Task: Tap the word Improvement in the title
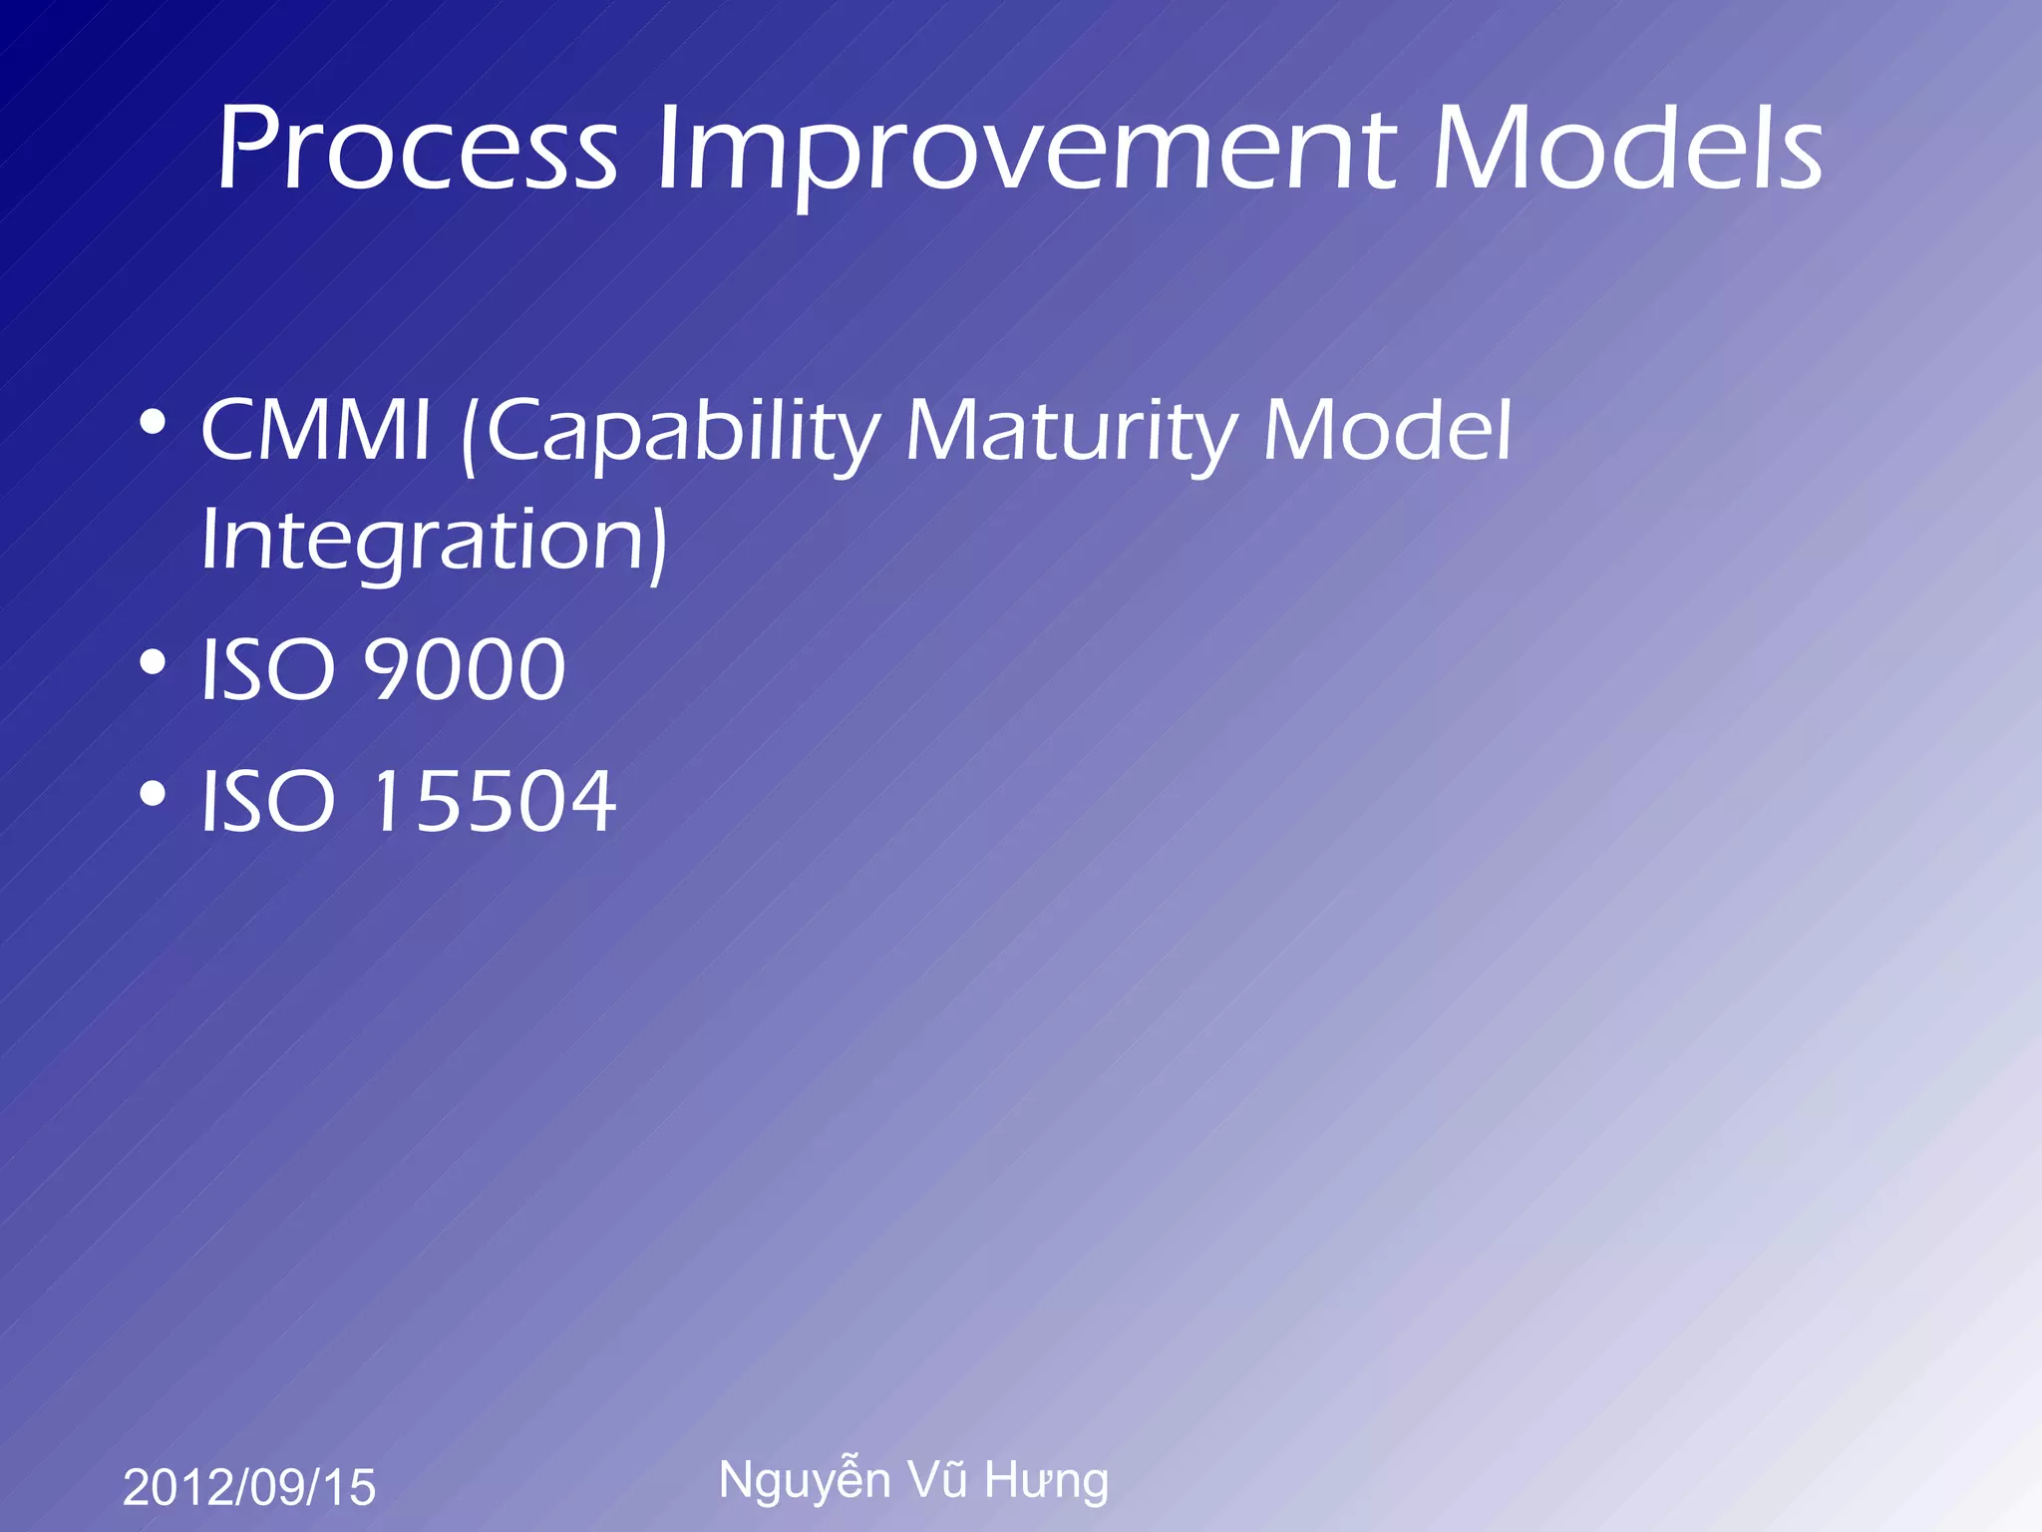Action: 1026,150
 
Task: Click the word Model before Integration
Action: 1387,431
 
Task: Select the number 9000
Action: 465,669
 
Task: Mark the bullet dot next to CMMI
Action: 153,423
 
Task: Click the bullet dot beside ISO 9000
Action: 153,662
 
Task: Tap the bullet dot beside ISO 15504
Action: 153,794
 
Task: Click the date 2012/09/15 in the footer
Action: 249,1487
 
